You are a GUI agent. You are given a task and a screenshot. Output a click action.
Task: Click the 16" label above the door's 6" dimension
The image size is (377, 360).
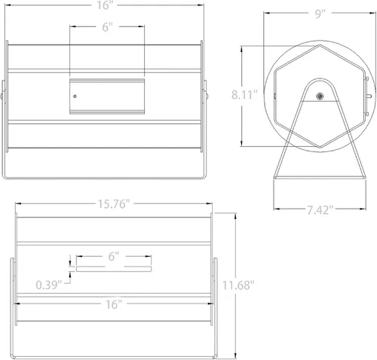[103, 5]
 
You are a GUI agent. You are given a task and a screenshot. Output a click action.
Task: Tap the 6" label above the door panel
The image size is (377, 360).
[107, 27]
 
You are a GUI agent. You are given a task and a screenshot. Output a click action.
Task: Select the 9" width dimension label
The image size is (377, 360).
[320, 14]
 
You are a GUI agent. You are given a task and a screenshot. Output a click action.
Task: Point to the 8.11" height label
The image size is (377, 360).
[244, 95]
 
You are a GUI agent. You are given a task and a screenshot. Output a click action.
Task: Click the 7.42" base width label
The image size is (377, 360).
[320, 210]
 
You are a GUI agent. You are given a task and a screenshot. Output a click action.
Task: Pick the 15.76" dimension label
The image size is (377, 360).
[114, 204]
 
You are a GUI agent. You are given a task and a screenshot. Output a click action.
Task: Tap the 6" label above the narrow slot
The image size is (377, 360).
[114, 257]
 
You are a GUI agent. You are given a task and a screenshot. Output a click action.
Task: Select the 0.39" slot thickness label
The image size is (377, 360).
[49, 285]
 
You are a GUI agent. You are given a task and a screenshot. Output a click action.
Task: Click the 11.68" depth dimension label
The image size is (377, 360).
[238, 285]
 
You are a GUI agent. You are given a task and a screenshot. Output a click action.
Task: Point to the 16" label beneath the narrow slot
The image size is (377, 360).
[114, 304]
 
